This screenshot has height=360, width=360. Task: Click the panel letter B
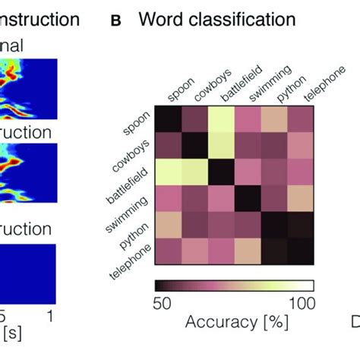click(115, 21)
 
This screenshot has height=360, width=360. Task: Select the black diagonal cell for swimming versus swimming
click(247, 200)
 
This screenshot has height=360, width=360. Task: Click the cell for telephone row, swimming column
click(247, 253)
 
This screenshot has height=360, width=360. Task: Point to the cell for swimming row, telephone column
click(300, 200)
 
